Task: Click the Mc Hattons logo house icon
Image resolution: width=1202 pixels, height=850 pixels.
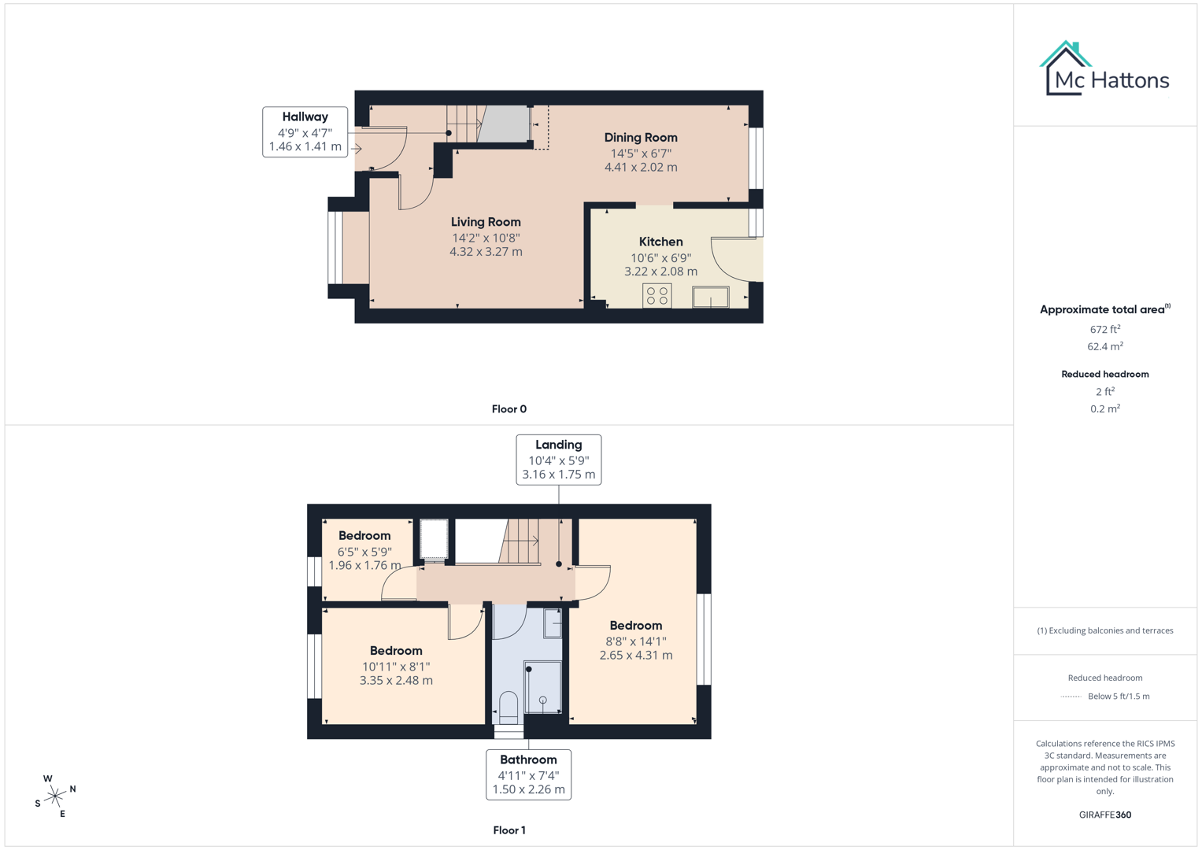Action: point(1065,68)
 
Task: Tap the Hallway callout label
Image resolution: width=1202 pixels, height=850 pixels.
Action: point(305,131)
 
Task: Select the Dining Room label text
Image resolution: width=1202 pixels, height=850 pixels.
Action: point(640,138)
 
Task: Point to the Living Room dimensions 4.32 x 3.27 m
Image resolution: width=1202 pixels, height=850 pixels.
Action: point(486,252)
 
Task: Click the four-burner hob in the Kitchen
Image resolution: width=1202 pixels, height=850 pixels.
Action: point(656,296)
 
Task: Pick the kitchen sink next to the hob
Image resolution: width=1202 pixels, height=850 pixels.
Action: point(710,297)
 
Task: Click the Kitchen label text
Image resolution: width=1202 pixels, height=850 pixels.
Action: point(660,242)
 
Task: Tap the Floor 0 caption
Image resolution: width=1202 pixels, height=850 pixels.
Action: point(509,409)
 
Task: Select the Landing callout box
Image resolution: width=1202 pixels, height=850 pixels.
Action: point(558,460)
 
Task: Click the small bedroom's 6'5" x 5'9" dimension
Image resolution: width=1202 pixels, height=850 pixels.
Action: point(364,552)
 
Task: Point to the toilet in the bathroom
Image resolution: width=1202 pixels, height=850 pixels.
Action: point(509,706)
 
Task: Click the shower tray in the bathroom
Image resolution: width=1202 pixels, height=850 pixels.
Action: point(542,687)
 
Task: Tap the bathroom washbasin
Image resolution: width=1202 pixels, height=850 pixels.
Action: point(553,624)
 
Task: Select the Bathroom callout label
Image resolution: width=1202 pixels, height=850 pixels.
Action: point(528,774)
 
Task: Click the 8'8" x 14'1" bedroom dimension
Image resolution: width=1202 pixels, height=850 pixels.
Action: point(635,641)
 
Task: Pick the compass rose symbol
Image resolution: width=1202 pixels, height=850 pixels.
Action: point(55,796)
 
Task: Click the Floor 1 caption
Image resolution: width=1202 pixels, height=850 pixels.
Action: point(509,830)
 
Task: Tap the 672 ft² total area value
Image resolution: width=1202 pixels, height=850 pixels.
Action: point(1104,330)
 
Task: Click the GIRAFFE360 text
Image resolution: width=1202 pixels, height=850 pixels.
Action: point(1104,815)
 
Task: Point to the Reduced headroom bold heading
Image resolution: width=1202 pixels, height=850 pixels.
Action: point(1104,375)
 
